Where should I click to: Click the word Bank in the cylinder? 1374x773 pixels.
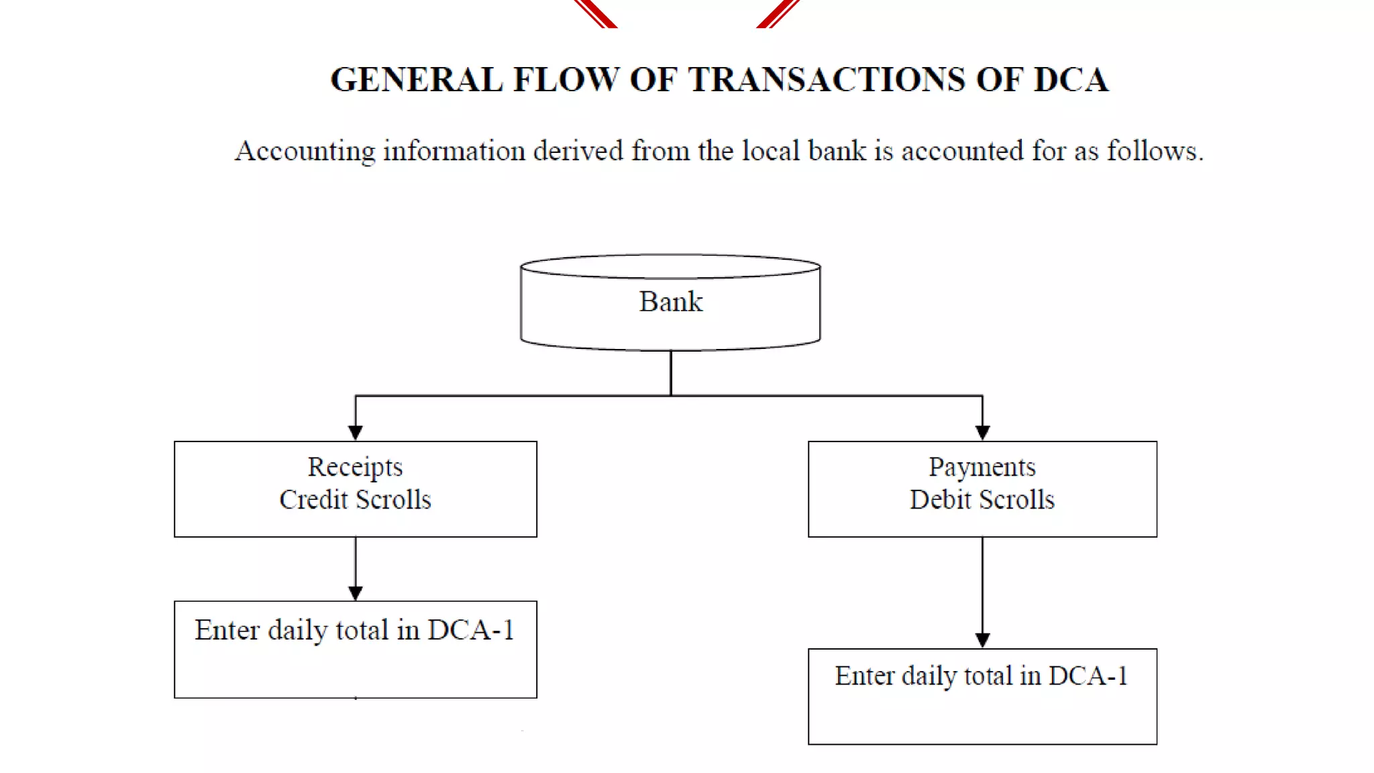click(x=670, y=302)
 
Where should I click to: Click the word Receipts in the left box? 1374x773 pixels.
click(x=355, y=468)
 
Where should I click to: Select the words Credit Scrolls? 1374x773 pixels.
click(x=355, y=500)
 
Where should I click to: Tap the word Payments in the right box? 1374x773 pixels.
click(x=982, y=468)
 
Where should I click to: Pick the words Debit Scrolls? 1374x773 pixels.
click(x=982, y=500)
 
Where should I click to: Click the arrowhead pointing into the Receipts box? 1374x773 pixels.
click(x=356, y=433)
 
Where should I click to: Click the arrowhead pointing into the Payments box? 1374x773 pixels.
click(x=982, y=433)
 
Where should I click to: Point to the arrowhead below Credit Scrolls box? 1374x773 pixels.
click(x=356, y=593)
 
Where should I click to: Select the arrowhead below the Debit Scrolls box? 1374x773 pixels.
click(x=982, y=640)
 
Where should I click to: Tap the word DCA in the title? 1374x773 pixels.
click(x=1071, y=80)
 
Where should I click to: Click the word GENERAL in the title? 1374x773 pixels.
click(x=416, y=80)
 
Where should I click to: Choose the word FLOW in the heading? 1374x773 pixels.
click(x=566, y=80)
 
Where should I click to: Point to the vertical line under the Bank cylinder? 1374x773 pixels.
click(x=671, y=372)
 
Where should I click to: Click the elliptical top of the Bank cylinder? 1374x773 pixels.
click(x=670, y=266)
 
